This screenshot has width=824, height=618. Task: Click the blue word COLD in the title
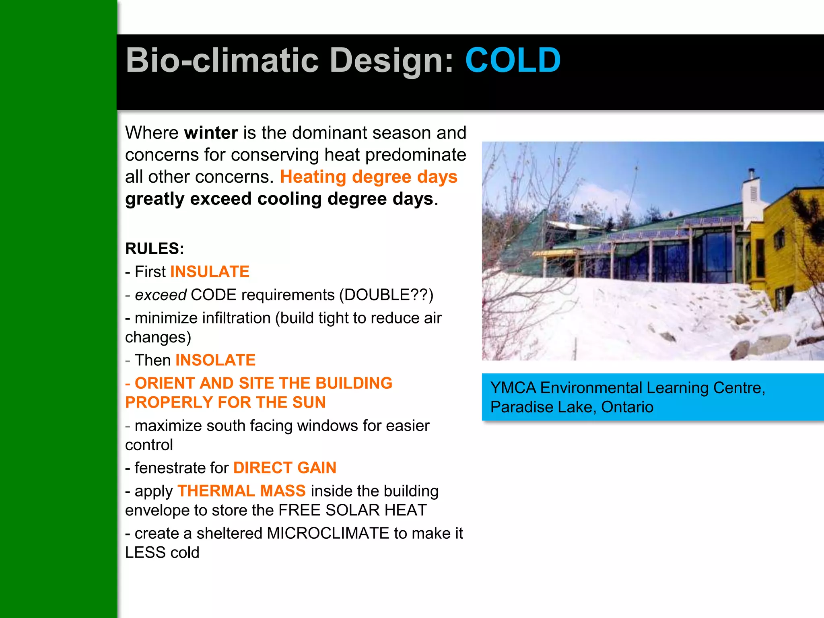tap(513, 60)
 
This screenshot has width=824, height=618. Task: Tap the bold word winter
tap(211, 133)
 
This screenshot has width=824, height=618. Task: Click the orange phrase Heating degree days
tap(369, 177)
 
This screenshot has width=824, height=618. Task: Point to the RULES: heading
tap(154, 249)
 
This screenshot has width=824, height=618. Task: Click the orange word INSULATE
tap(210, 272)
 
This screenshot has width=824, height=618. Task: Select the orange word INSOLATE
tap(215, 360)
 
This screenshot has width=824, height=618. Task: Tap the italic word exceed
tap(161, 295)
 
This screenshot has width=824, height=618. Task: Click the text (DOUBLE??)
tap(386, 295)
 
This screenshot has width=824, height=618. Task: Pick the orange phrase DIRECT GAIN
tap(284, 468)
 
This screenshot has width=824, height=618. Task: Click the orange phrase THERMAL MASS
tap(241, 491)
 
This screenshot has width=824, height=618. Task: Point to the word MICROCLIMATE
tap(328, 534)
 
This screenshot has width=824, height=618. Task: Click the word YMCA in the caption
tap(513, 388)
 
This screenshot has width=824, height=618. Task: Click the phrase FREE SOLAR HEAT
tap(352, 511)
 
